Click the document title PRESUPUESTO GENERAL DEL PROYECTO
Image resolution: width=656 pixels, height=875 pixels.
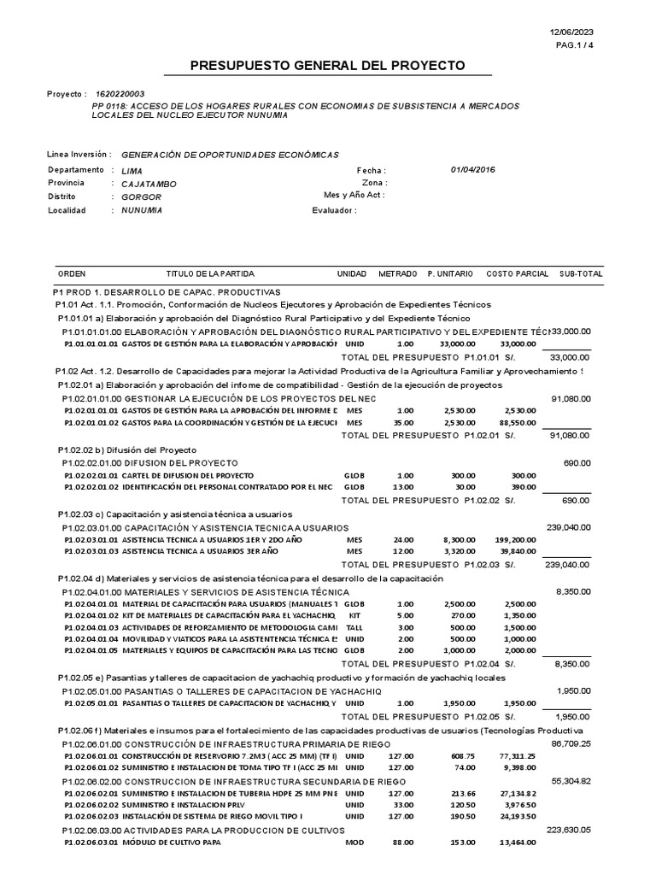(327, 66)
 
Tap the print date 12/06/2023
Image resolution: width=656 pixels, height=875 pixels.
(571, 32)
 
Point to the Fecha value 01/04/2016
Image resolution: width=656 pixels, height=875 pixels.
(472, 170)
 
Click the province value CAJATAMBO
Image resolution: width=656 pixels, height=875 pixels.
(149, 184)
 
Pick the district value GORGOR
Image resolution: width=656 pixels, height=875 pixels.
(142, 197)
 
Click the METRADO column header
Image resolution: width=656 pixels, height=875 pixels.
(397, 274)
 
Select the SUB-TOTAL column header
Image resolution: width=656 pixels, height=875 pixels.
(581, 274)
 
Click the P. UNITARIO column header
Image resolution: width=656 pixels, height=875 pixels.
(450, 274)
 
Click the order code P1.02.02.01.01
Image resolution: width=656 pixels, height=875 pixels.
(91, 475)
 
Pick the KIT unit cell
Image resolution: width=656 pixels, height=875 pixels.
(354, 616)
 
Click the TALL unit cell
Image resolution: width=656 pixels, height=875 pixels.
(354, 628)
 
